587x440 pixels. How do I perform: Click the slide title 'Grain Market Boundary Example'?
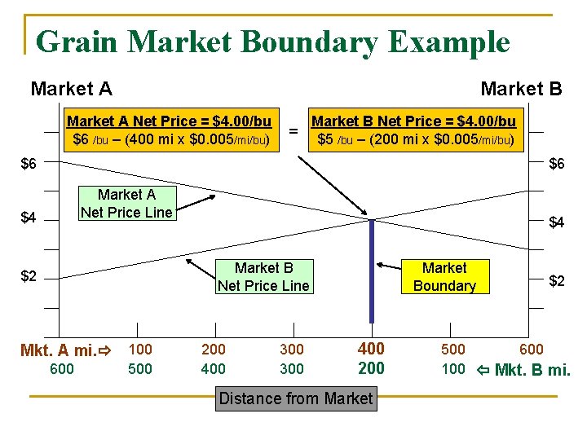coord(273,42)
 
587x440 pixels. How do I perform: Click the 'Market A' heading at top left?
coord(71,88)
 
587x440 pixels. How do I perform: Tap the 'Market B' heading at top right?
coord(521,88)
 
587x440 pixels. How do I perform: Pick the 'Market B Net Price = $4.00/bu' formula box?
coord(414,130)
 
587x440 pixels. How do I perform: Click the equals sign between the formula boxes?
coord(293,130)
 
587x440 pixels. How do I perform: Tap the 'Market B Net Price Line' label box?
coord(263,277)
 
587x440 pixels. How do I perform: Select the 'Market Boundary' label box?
coord(444,277)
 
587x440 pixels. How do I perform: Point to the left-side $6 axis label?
coord(29,165)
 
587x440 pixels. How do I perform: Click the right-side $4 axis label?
coord(557,222)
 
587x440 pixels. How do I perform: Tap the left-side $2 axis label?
coord(29,276)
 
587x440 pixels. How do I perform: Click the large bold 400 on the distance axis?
coord(371,349)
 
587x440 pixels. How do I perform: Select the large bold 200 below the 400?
coord(371,368)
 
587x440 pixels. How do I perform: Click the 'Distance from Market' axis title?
coord(296,399)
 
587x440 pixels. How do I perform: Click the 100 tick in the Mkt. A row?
coord(141,350)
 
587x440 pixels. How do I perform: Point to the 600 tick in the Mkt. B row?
coord(62,369)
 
